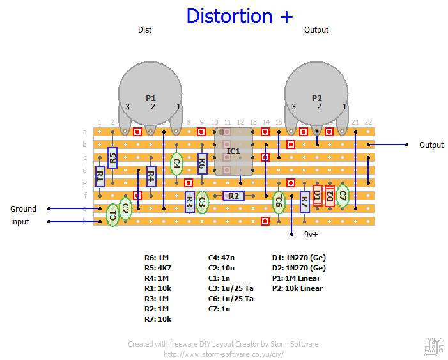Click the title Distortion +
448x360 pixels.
point(240,16)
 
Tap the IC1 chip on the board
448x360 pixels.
point(233,151)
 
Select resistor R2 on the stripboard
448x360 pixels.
point(233,196)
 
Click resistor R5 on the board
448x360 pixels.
point(112,157)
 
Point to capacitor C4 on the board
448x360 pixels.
point(176,164)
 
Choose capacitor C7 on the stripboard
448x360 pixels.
point(343,196)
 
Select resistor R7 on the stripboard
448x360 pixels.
point(304,202)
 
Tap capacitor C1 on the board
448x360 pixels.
point(112,215)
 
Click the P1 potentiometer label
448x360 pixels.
point(151,98)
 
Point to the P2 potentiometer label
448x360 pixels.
point(317,98)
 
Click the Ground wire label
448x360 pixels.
point(23,208)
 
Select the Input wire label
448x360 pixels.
point(19,222)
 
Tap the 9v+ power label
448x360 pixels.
point(311,234)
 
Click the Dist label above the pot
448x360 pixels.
point(145,29)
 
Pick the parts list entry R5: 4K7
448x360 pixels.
point(158,268)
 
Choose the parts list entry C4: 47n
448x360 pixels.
point(222,258)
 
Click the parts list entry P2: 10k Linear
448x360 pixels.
point(297,288)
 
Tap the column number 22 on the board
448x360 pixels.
point(368,121)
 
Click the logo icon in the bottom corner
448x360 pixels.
point(432,346)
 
